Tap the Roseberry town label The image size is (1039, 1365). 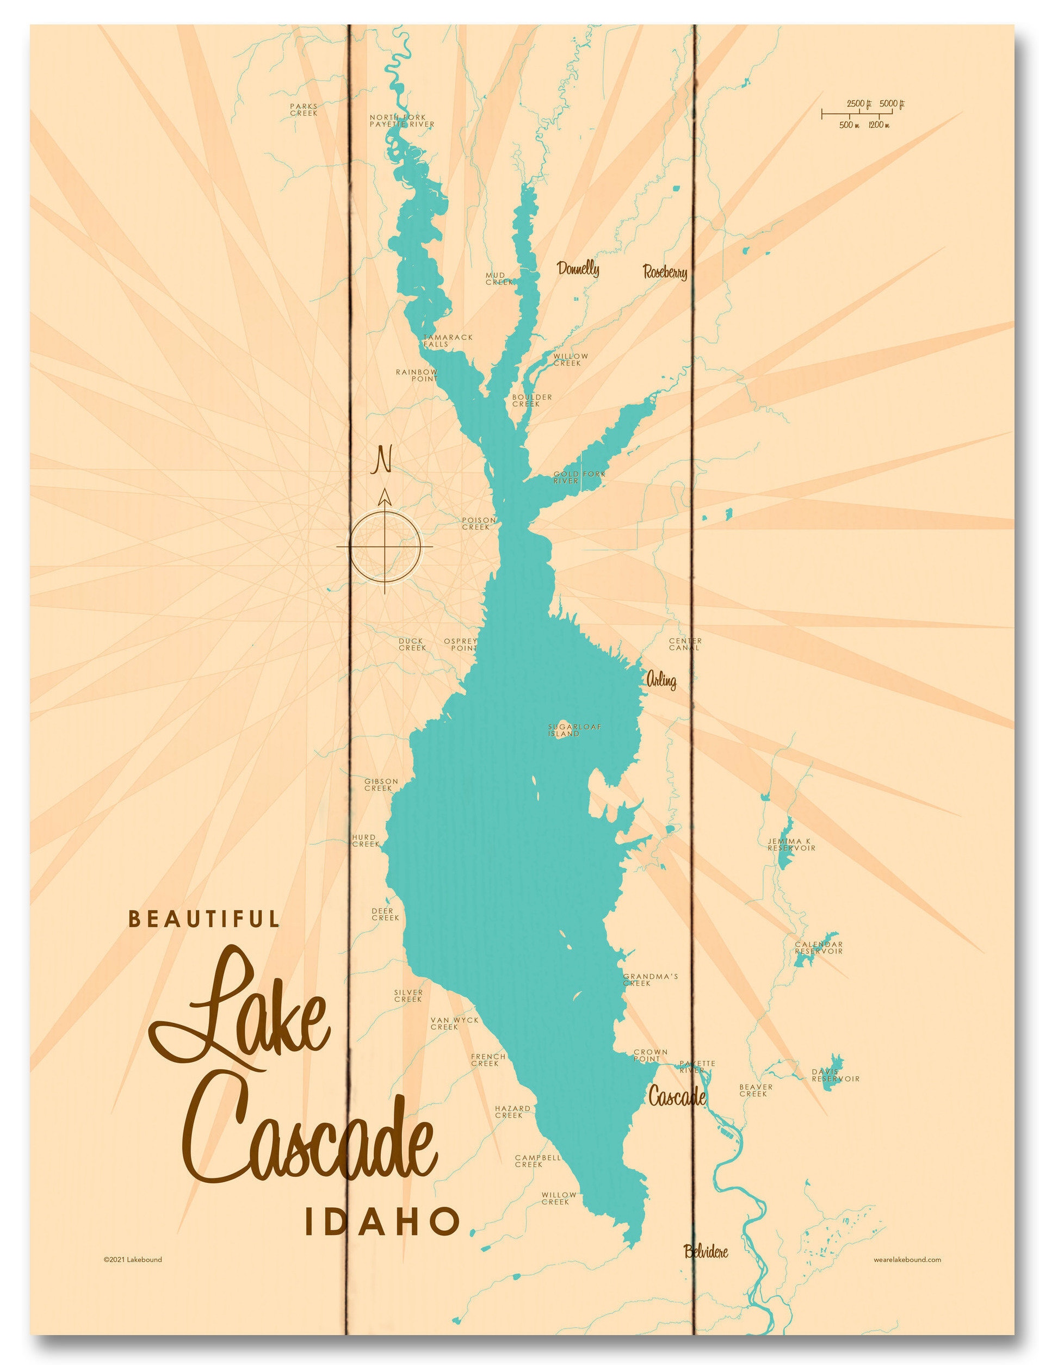click(x=665, y=271)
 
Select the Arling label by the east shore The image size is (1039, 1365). click(x=660, y=681)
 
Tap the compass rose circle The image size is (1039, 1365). click(x=385, y=547)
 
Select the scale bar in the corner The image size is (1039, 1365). click(x=863, y=114)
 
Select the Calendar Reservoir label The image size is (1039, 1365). click(x=819, y=948)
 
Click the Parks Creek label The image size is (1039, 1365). click(x=303, y=109)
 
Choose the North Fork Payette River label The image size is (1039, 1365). click(x=402, y=121)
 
